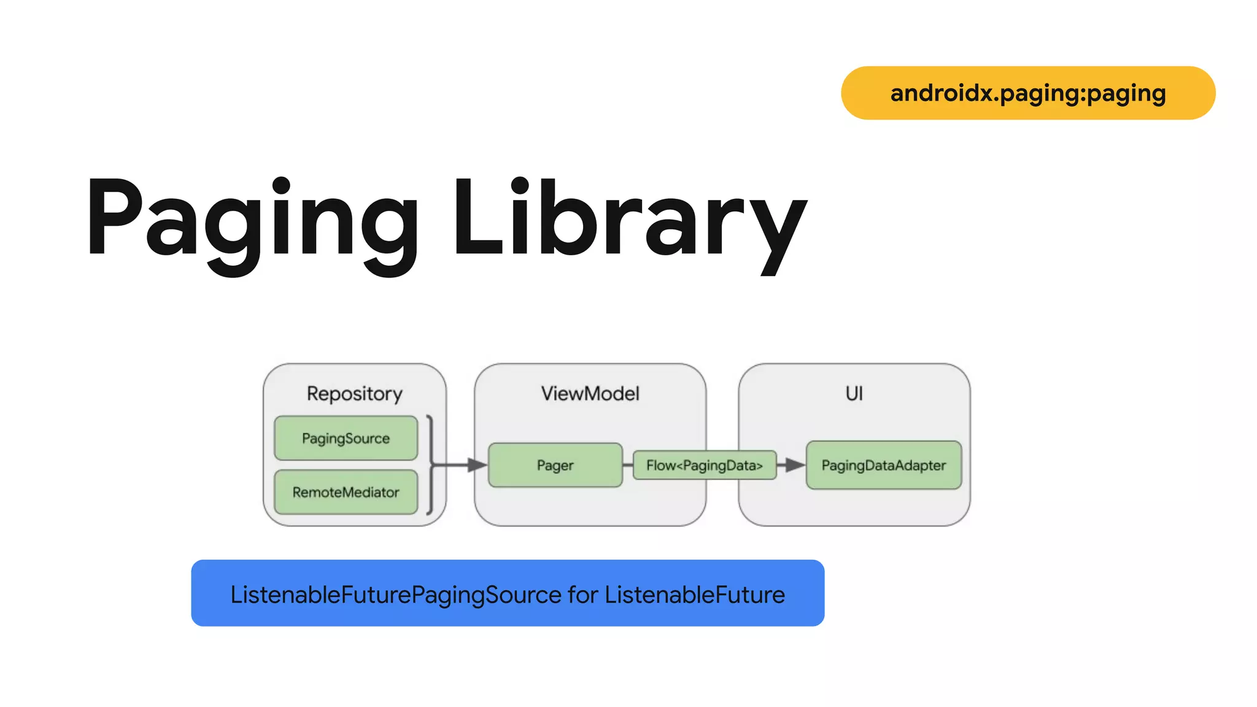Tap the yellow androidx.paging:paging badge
(1028, 93)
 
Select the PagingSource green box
(346, 438)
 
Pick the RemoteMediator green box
(346, 492)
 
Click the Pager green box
(555, 465)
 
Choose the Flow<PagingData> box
(704, 465)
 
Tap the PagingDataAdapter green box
(883, 465)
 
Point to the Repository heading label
(354, 393)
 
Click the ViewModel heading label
(590, 393)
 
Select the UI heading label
(854, 393)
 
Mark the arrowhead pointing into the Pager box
(478, 465)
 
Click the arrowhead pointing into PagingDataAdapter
(795, 465)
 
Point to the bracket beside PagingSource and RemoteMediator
(431, 465)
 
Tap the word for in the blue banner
(582, 595)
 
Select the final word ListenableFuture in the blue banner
(695, 595)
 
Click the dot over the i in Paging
(281, 185)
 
